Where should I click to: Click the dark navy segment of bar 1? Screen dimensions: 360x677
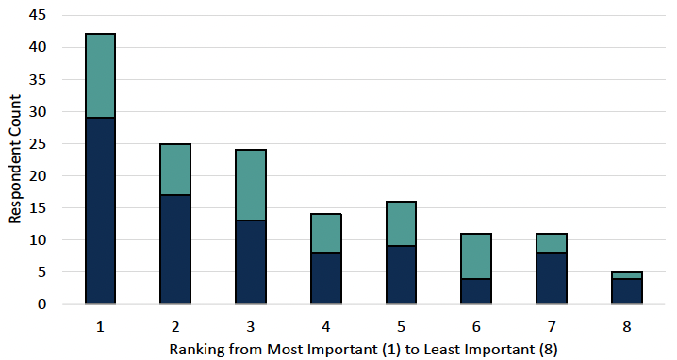pos(100,210)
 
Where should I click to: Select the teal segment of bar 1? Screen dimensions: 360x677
pos(100,75)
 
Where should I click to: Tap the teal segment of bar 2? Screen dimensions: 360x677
pos(175,169)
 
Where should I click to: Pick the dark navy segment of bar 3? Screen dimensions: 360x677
pos(251,262)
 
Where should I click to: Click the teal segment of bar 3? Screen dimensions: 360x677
pos(251,185)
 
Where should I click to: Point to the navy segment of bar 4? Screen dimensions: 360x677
pos(326,278)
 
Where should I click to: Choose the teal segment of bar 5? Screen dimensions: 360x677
pos(401,223)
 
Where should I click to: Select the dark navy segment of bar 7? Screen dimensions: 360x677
pos(552,278)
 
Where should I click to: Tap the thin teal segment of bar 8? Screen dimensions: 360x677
pos(627,275)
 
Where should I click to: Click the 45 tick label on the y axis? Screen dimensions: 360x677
pos(37,15)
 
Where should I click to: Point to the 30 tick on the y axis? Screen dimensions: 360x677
pos(37,111)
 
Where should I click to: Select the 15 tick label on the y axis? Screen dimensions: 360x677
pos(37,207)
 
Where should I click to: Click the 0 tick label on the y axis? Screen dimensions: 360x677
pos(41,304)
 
